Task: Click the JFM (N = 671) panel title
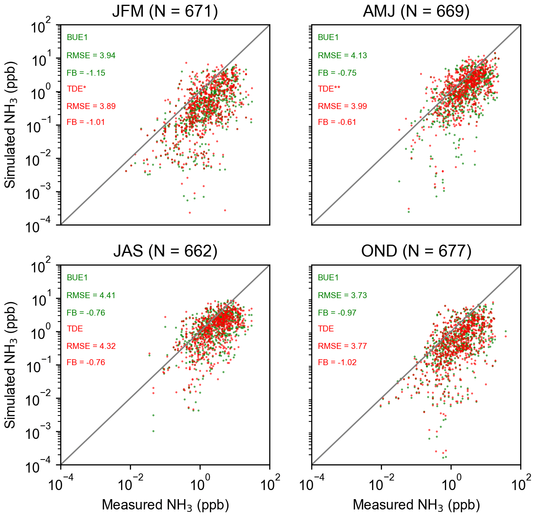(x=165, y=11)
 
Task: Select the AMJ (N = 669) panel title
(x=416, y=11)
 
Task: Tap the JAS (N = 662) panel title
(x=165, y=251)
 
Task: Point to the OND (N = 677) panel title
(x=416, y=251)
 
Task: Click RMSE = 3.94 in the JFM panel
(x=91, y=56)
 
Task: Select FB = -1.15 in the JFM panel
(x=86, y=73)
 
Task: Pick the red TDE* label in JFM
(x=76, y=89)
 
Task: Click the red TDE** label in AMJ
(x=329, y=89)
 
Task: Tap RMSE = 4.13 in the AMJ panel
(x=342, y=56)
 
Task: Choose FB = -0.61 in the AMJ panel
(x=337, y=122)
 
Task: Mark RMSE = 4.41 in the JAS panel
(x=91, y=295)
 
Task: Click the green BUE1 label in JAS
(x=77, y=278)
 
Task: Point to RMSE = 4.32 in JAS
(x=91, y=346)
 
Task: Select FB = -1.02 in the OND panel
(x=337, y=362)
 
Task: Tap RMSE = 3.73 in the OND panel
(x=342, y=295)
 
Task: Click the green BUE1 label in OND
(x=328, y=278)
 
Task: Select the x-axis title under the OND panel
(x=416, y=505)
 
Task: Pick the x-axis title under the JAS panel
(x=165, y=505)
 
